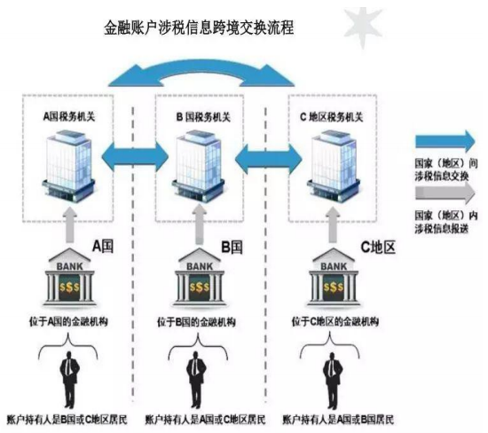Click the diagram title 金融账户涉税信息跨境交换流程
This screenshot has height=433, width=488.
[199, 28]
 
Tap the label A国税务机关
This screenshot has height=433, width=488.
[69, 117]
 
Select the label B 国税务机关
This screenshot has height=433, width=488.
[203, 117]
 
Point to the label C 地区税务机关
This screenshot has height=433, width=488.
[332, 117]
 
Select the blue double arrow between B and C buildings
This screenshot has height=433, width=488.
[269, 158]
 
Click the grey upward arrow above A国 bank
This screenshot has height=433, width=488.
[70, 224]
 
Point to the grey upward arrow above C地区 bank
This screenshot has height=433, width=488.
[333, 224]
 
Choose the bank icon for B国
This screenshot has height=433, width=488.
[200, 277]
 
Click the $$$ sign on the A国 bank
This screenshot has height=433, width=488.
[69, 287]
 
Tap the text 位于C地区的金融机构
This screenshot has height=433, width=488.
[335, 321]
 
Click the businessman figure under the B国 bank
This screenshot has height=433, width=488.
[196, 379]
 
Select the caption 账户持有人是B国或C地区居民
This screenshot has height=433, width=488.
[67, 420]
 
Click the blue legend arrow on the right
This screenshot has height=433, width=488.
[445, 142]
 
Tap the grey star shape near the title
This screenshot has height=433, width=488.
[363, 27]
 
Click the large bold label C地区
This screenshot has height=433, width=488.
[378, 248]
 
